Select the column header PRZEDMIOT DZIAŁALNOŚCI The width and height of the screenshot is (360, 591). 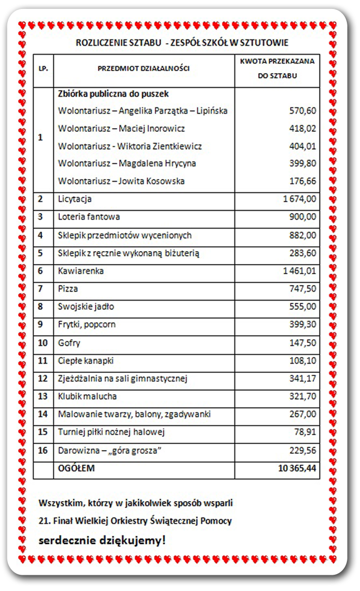143,68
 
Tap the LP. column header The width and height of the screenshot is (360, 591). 43,68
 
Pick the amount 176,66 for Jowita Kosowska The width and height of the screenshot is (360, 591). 303,181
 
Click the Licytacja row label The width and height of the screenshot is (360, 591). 75,200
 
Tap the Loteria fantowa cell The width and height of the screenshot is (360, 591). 89,217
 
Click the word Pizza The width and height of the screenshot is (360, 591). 68,289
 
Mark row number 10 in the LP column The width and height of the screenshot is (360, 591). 43,343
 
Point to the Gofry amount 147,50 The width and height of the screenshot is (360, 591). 303,343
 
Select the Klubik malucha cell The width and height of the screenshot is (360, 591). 87,397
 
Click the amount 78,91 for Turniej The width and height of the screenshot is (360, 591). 305,432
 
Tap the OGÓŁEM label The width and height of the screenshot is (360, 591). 76,468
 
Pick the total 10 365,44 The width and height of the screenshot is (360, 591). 297,468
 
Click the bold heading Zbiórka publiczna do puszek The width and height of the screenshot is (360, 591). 113,94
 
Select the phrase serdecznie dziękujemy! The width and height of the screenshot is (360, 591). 102,540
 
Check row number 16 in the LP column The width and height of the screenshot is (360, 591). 43,450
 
